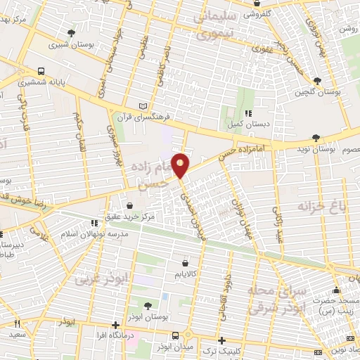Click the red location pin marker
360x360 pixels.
coord(181,165)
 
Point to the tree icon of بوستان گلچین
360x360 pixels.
coord(319,81)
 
